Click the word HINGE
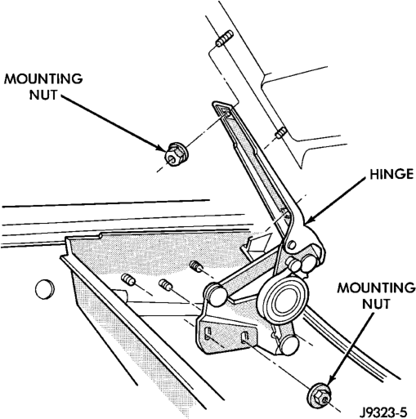[x=391, y=174]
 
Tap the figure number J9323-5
[x=383, y=412]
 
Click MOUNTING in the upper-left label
[x=43, y=79]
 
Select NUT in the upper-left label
[x=43, y=95]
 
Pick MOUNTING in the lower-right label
[x=376, y=288]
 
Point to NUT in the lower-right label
[x=376, y=303]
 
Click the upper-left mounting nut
[x=175, y=154]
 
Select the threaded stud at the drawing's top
[x=224, y=38]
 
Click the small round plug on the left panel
[x=44, y=289]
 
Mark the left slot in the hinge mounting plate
[x=208, y=333]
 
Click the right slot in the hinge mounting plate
[x=244, y=337]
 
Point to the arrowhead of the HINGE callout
[x=309, y=221]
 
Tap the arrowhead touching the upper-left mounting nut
[x=161, y=147]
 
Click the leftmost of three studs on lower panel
[x=128, y=280]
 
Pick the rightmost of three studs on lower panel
[x=196, y=266]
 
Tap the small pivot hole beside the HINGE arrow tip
[x=291, y=245]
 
